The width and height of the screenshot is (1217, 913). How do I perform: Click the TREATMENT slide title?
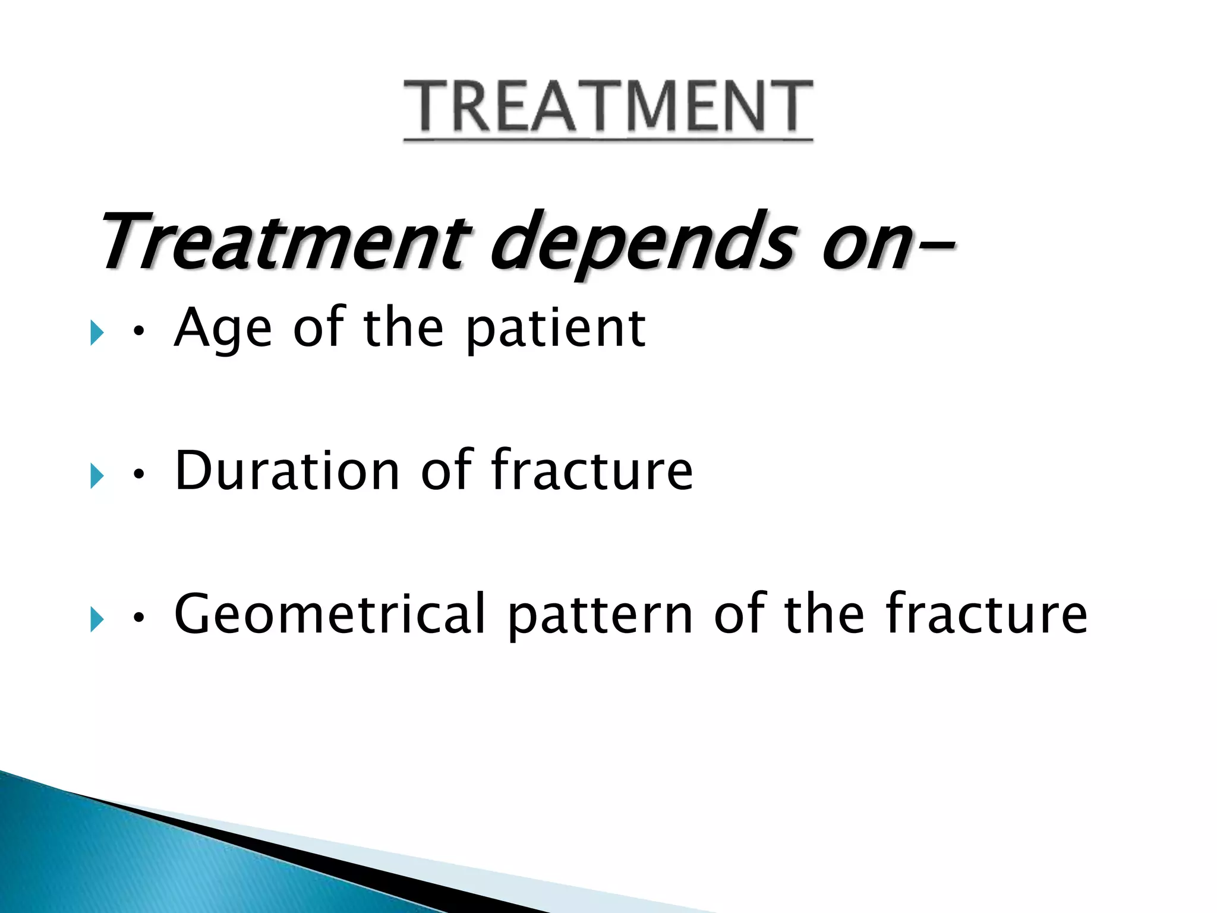coord(608,107)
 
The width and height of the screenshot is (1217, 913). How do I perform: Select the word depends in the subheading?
coord(642,241)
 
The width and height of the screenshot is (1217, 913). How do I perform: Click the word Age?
coord(223,329)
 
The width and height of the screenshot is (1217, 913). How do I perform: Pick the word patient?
coord(555,329)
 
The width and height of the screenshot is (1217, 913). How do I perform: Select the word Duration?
coord(288,471)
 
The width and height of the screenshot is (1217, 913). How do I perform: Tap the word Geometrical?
coord(330,615)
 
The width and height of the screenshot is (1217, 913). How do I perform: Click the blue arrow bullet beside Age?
coord(97,333)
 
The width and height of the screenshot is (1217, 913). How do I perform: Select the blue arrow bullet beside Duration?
coord(97,476)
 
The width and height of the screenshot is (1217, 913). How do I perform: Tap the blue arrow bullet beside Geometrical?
coord(97,620)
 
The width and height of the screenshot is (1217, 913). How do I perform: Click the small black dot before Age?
coord(138,333)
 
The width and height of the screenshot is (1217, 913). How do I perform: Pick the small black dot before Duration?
coord(138,475)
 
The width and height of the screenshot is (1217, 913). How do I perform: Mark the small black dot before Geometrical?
coord(138,619)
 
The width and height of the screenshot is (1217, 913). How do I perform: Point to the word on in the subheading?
coord(865,244)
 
